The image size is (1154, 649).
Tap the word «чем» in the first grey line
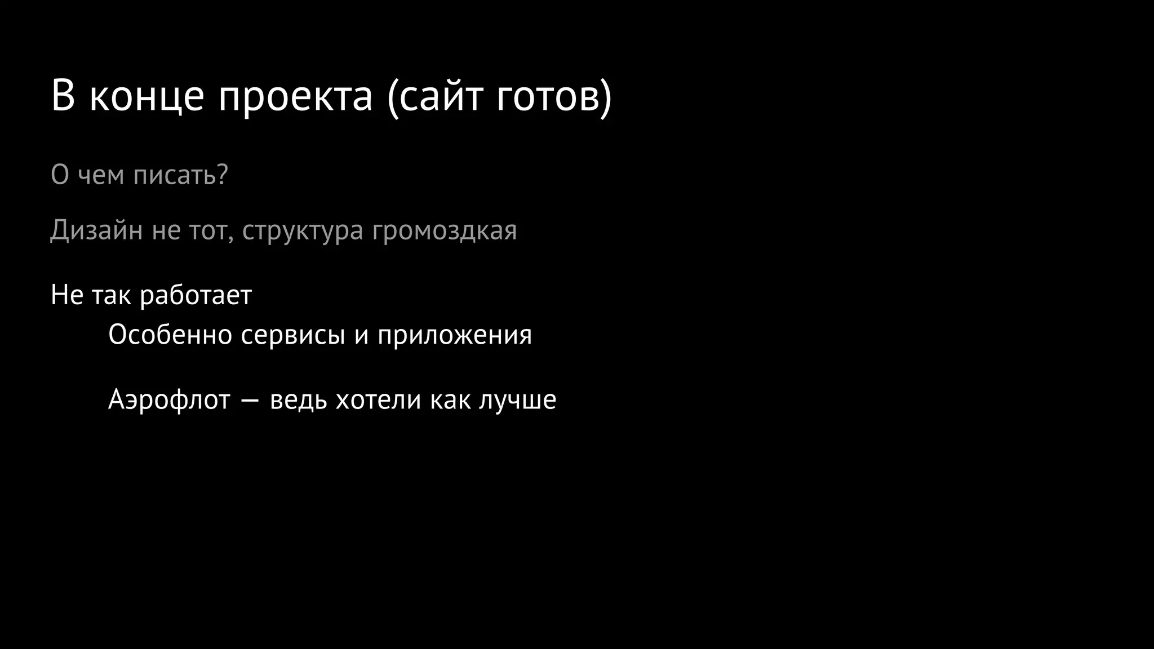click(101, 176)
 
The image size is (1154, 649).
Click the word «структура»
click(303, 231)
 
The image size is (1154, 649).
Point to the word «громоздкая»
click(444, 231)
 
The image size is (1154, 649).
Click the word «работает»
click(196, 295)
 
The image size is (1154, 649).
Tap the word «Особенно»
click(170, 335)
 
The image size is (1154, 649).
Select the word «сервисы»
click(292, 336)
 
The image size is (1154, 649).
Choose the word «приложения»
click(454, 336)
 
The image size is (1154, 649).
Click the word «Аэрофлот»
click(169, 401)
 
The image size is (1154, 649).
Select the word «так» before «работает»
click(111, 296)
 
